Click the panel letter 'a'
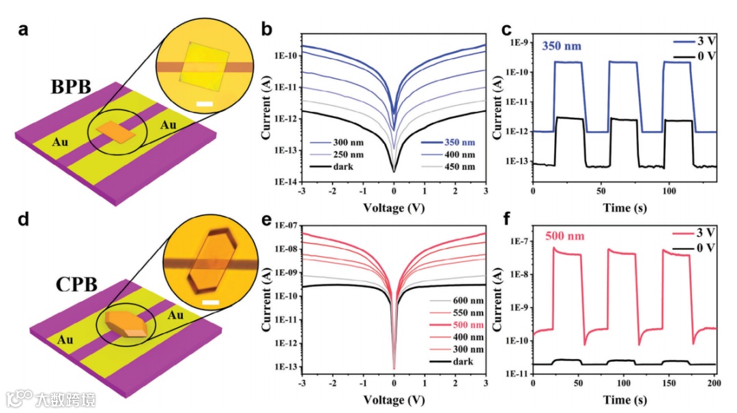pyautogui.click(x=25, y=30)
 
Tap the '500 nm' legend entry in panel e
pyautogui.click(x=449, y=325)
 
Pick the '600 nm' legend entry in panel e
pyautogui.click(x=449, y=301)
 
